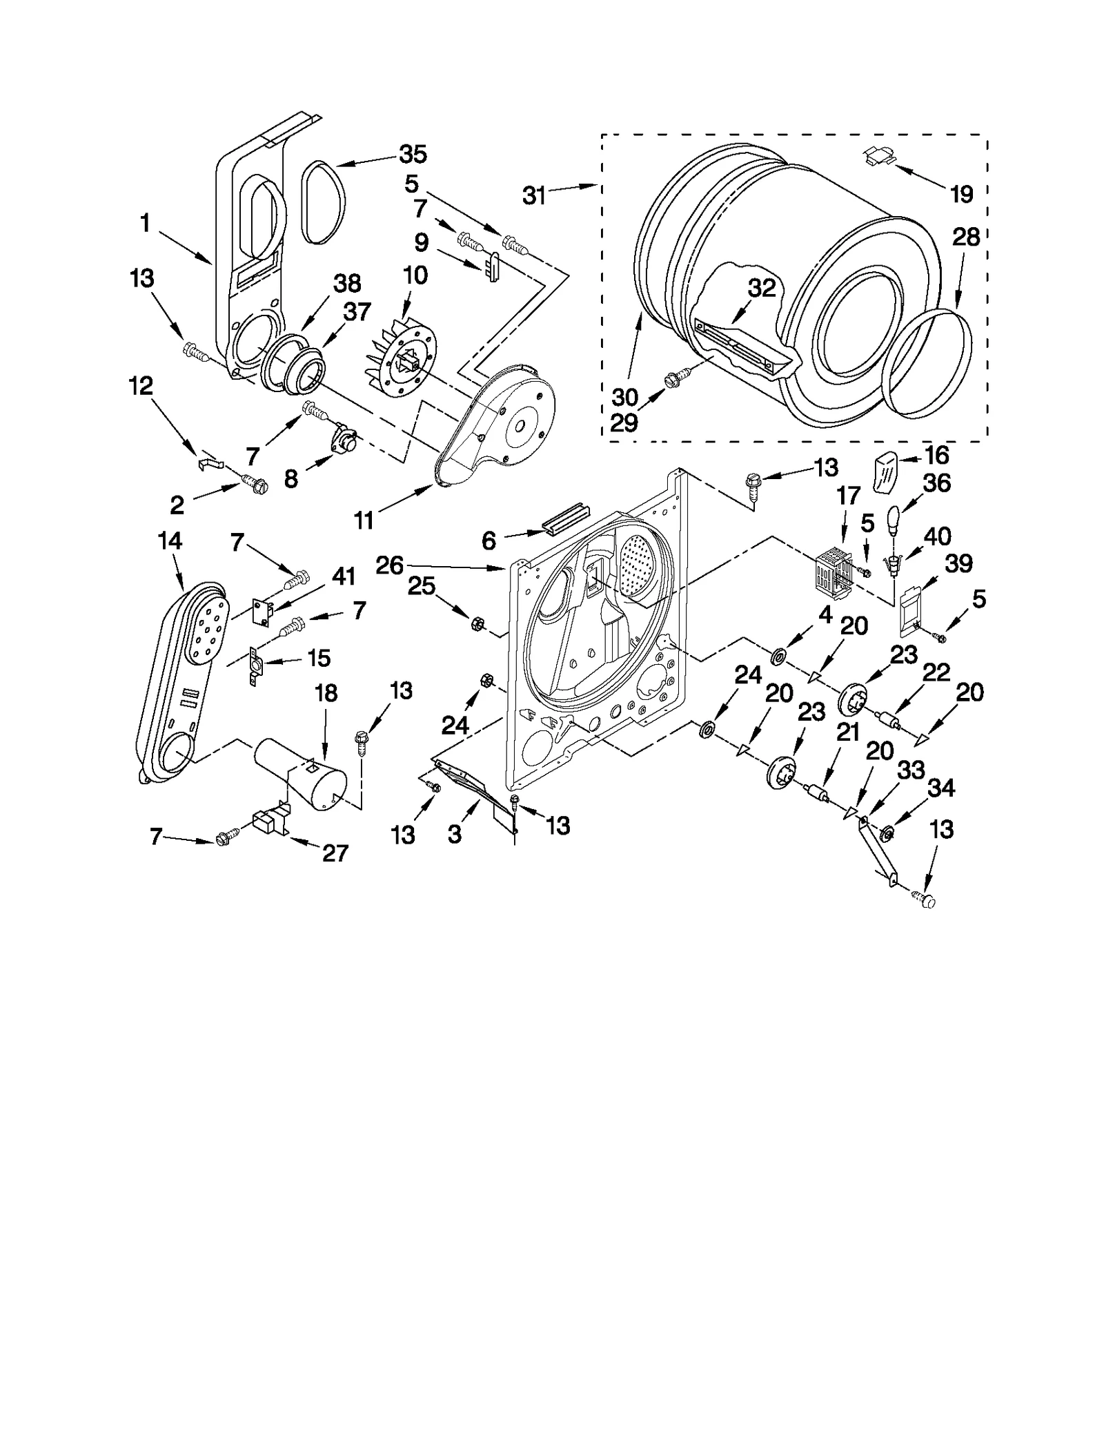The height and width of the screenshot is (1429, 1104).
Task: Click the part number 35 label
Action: pos(413,154)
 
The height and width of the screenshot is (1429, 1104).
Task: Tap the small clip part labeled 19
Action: pos(878,157)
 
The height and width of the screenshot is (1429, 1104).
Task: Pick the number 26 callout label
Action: pos(389,565)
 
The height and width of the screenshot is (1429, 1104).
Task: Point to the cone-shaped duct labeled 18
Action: pos(300,773)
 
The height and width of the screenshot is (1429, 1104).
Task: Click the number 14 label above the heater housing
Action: pos(169,541)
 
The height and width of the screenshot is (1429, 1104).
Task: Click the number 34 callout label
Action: pos(942,787)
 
